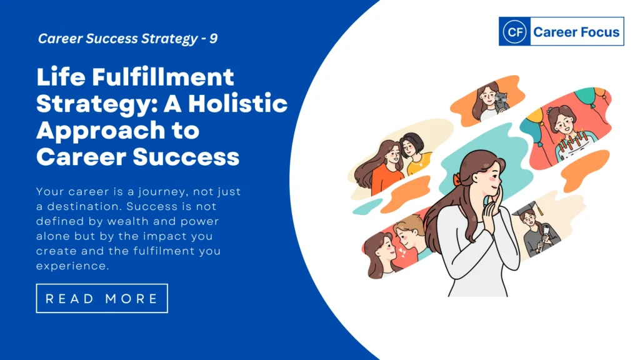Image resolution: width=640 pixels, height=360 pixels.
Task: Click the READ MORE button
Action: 102,298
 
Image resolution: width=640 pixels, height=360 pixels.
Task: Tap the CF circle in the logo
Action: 514,31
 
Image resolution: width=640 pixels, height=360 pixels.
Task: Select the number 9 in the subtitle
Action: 213,38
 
